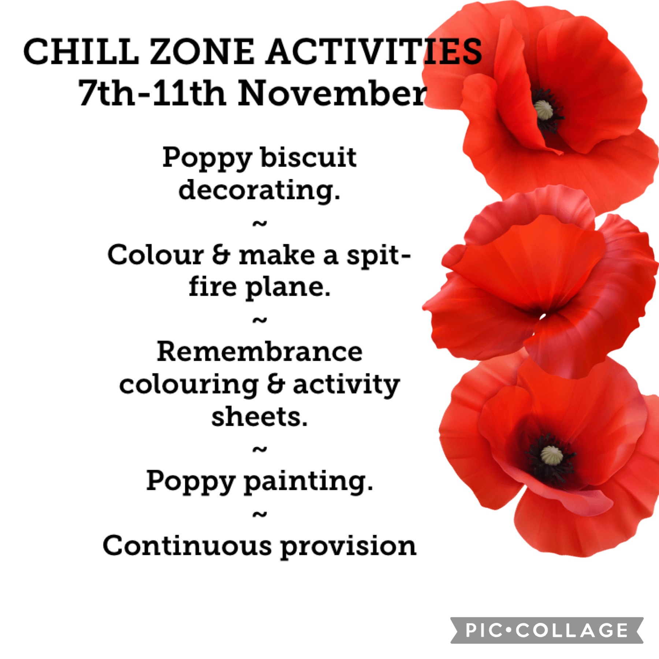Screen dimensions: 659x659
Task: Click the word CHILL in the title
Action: pos(81,52)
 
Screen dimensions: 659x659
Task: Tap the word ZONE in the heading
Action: pos(202,52)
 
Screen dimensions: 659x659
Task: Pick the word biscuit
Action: pos(308,157)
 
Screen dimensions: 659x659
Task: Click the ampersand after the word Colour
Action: pos(221,255)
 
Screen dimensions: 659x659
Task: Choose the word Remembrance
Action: pos(260,351)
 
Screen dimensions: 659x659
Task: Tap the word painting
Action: pos(308,482)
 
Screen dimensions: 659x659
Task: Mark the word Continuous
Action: pos(187,546)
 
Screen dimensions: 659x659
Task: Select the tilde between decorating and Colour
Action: pos(260,223)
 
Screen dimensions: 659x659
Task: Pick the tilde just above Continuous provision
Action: pos(260,515)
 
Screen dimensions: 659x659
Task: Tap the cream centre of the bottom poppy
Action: pos(551,455)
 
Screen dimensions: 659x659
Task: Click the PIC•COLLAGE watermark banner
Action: pos(547,630)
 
